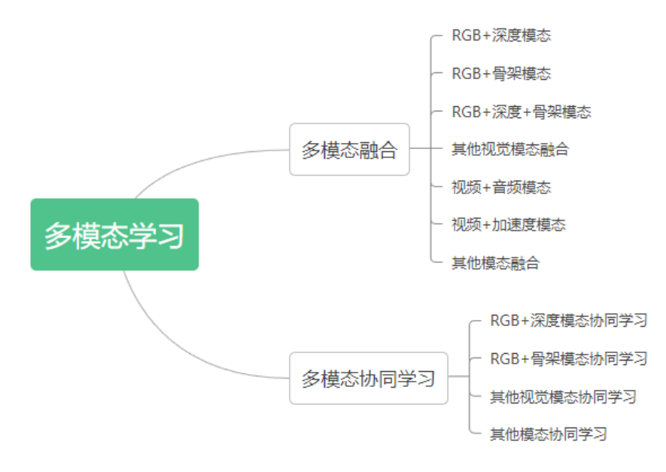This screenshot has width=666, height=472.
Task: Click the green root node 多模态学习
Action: tap(114, 235)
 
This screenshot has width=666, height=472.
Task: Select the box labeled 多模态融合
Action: tap(349, 150)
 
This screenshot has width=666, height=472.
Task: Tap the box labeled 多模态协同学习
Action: tap(368, 378)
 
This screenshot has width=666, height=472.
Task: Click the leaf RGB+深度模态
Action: tap(501, 35)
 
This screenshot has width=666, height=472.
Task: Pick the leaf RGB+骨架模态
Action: tap(501, 73)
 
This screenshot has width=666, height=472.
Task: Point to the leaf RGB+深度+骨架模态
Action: tap(521, 111)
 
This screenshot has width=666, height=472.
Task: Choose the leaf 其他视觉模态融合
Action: tap(509, 149)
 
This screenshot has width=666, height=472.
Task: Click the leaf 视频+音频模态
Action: tap(501, 187)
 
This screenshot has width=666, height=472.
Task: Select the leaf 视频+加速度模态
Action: tap(508, 224)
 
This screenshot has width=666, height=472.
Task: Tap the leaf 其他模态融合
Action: tap(495, 263)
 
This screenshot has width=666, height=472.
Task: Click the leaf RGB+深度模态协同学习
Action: tap(568, 321)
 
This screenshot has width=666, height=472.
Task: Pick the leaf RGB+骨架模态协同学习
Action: tap(568, 358)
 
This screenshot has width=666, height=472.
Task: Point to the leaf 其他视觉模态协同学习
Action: tap(563, 396)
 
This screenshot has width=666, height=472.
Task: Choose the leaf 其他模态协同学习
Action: tap(548, 434)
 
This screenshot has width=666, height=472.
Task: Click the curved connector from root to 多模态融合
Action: tap(196, 160)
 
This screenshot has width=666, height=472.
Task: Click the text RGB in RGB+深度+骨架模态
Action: tap(466, 111)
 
